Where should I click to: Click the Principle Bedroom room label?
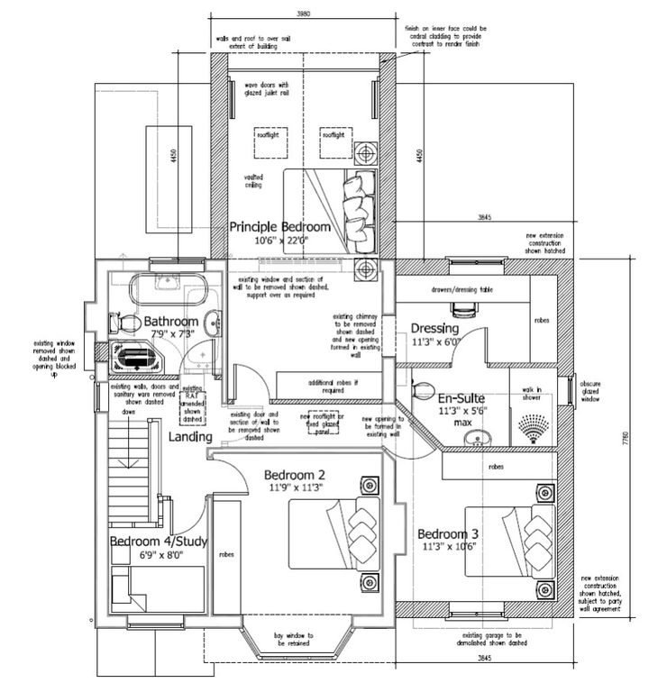pos(279,227)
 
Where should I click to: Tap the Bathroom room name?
pos(171,322)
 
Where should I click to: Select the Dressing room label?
pos(436,328)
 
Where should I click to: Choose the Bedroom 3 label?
pos(449,532)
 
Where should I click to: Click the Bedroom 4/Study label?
pos(160,542)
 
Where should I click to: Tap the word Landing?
pos(189,437)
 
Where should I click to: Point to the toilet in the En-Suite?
pos(420,389)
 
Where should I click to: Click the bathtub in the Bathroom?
pos(168,289)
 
